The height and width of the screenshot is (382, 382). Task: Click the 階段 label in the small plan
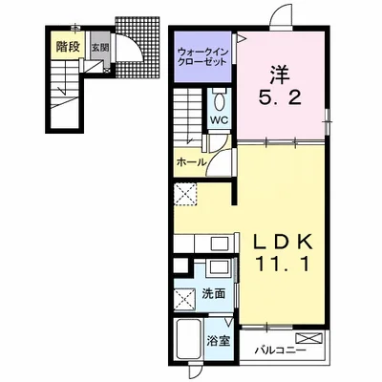68,47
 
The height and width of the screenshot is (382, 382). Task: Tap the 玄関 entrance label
100,48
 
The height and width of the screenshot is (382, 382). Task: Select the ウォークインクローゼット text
202,56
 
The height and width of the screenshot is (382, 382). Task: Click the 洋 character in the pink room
280,74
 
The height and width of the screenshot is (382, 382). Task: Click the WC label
220,120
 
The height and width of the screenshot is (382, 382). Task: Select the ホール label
191,162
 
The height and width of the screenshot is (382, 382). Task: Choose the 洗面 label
214,293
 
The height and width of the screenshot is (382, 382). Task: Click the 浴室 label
218,341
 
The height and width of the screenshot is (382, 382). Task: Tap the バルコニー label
280,351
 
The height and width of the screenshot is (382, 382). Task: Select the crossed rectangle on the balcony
308,338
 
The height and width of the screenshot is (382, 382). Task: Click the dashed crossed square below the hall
185,195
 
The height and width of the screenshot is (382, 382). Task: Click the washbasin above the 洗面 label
218,266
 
